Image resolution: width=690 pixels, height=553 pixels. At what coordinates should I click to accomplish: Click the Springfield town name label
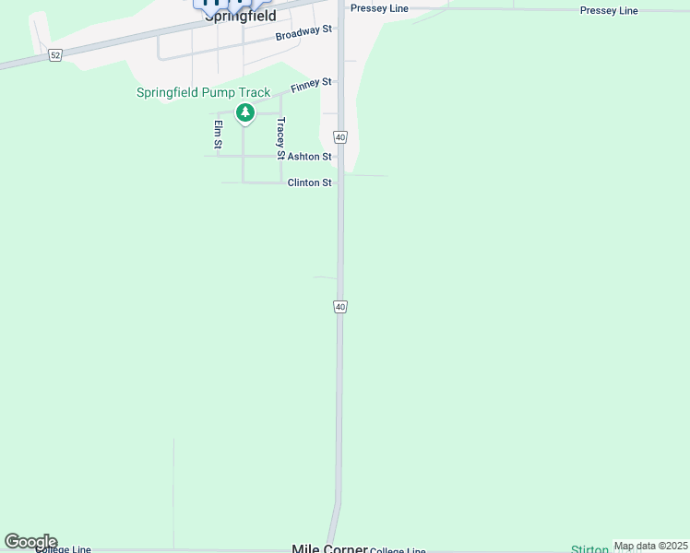pyautogui.click(x=240, y=16)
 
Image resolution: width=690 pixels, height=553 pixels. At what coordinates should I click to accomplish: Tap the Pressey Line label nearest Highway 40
pyautogui.click(x=379, y=8)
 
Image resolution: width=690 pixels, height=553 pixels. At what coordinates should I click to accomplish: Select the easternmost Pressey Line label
pyautogui.click(x=609, y=10)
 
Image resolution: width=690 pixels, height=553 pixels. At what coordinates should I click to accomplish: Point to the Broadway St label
pyautogui.click(x=303, y=33)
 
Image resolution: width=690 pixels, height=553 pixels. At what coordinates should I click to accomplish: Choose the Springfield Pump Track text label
pyautogui.click(x=203, y=92)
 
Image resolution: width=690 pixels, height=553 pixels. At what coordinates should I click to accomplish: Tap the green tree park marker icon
pyautogui.click(x=244, y=112)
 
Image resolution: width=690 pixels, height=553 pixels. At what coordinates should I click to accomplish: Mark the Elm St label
pyautogui.click(x=219, y=134)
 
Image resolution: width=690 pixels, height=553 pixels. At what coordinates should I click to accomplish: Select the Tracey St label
pyautogui.click(x=280, y=135)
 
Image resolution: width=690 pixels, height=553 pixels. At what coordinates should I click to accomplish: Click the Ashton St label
pyautogui.click(x=309, y=157)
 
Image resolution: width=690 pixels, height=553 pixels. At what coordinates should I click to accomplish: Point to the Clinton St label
pyautogui.click(x=309, y=182)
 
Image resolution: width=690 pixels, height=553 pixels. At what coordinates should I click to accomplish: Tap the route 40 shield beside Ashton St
pyautogui.click(x=340, y=137)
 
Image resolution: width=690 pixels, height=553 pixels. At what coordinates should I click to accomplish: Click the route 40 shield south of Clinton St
pyautogui.click(x=340, y=306)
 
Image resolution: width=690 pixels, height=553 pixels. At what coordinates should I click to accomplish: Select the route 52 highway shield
pyautogui.click(x=55, y=55)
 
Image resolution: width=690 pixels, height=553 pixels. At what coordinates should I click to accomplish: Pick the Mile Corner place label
pyautogui.click(x=329, y=547)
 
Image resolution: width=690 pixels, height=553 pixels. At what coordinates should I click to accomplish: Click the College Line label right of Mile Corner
pyautogui.click(x=398, y=550)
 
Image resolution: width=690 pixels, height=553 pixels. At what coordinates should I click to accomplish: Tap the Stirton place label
pyautogui.click(x=589, y=549)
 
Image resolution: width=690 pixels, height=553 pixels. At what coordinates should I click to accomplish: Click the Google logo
pyautogui.click(x=30, y=541)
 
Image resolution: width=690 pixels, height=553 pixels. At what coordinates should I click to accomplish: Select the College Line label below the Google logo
pyautogui.click(x=63, y=549)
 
